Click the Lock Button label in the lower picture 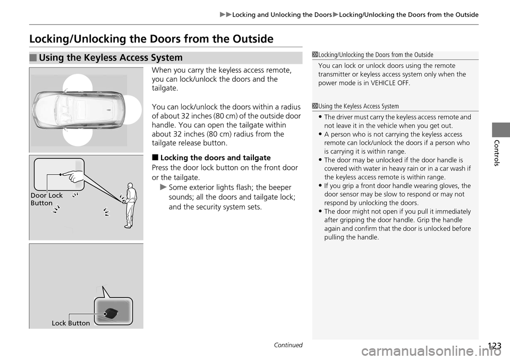[71, 323]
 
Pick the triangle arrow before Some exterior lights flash [163, 187]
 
